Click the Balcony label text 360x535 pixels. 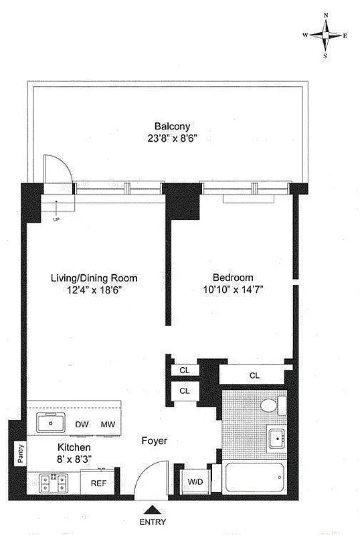click(x=173, y=126)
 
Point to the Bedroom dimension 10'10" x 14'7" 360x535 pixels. click(x=233, y=290)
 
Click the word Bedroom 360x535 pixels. click(x=233, y=278)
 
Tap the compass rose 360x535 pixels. click(x=325, y=36)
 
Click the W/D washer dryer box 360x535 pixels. click(x=195, y=481)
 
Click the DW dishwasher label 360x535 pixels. click(x=82, y=425)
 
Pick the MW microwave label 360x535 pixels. click(x=107, y=425)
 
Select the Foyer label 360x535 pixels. click(x=154, y=441)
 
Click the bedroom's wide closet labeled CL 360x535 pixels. click(x=254, y=376)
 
